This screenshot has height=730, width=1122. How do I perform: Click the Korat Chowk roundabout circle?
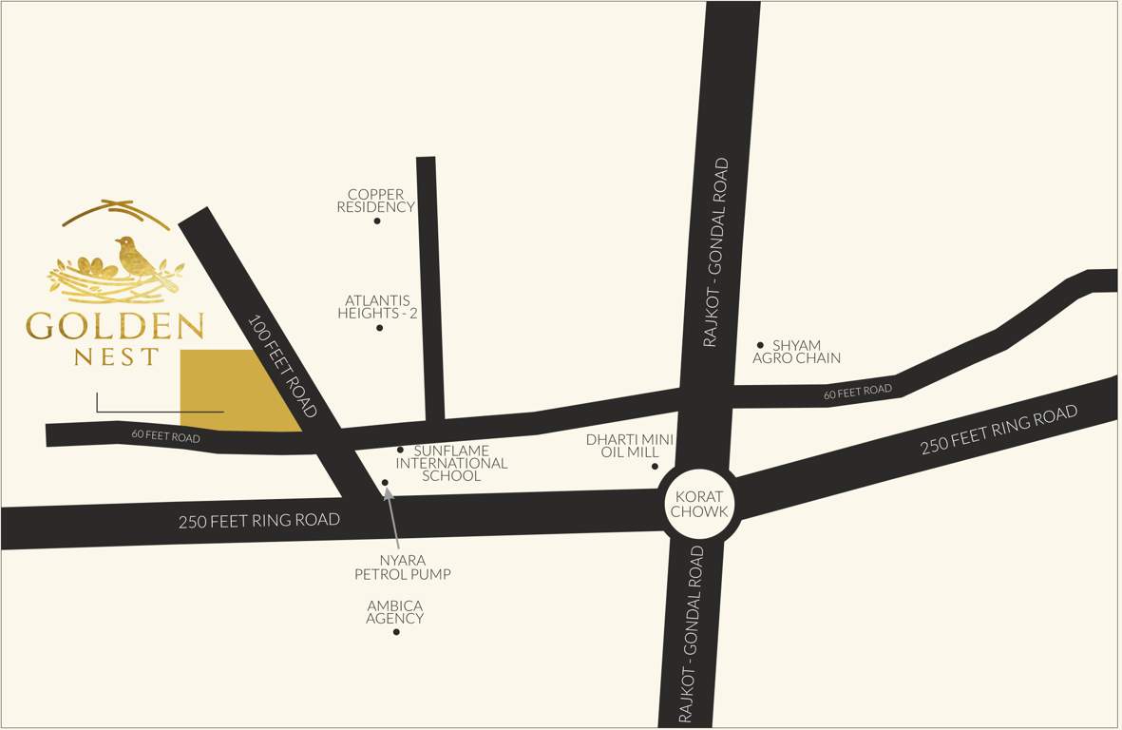coord(699,504)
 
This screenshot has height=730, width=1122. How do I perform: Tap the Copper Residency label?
coord(376,201)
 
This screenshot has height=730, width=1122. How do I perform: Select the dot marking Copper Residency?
coord(377,221)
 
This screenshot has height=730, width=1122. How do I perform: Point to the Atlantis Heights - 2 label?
coord(378,307)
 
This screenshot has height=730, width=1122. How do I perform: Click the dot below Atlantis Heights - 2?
coord(379,328)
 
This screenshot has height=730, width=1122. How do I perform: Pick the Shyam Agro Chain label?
coord(796,352)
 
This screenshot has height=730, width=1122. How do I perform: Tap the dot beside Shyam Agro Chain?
coord(760,345)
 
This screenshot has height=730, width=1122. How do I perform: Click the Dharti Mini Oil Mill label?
coord(629,446)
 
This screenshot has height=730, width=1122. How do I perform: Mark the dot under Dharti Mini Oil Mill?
coord(655,467)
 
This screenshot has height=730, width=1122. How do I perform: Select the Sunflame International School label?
coord(452,463)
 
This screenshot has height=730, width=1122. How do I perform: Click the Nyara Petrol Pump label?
coord(403,567)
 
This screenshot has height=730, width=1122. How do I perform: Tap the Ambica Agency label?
coord(395,612)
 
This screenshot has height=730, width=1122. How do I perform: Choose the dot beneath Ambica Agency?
coord(396,632)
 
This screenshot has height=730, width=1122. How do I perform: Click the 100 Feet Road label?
coord(282,366)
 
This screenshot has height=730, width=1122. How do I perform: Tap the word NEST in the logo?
coord(117,357)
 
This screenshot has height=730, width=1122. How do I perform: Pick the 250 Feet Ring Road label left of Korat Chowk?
coord(259,521)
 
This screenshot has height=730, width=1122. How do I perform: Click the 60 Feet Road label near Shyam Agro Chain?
coord(858,391)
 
